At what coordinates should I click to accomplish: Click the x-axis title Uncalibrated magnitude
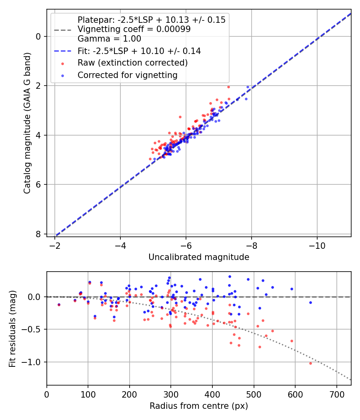pos(199,257)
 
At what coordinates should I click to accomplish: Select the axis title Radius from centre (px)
pos(199,406)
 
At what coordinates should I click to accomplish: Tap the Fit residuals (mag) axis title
pos(13,328)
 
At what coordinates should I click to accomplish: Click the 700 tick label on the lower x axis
pos(336,394)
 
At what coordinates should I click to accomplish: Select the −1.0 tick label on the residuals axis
pos(34,362)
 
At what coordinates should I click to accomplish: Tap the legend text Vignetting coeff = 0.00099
pos(134,29)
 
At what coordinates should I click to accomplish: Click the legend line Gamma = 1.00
pos(109,39)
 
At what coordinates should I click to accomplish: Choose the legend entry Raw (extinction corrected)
pos(132,63)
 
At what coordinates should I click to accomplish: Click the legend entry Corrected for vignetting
pos(127,75)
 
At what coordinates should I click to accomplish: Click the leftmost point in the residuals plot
pos(59,304)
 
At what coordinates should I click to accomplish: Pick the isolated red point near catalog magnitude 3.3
pos(180,117)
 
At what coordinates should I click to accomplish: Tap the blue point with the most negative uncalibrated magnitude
pos(248,87)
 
